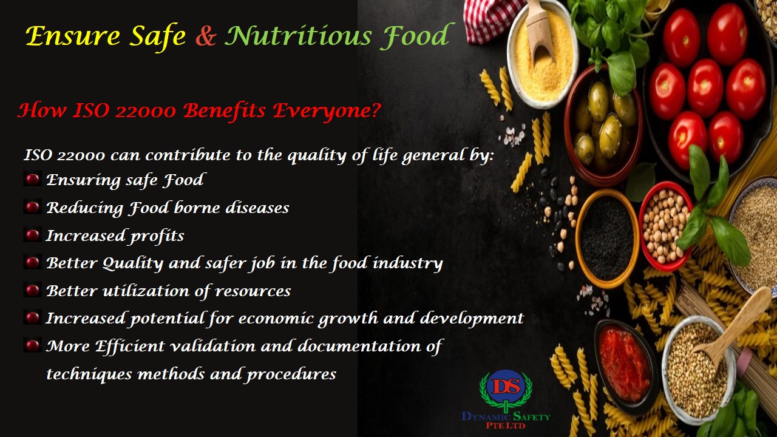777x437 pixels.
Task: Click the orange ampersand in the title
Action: (x=206, y=36)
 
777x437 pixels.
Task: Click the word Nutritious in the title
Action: (x=298, y=35)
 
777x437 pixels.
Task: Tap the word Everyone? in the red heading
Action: (x=327, y=111)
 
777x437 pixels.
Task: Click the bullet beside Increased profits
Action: (x=33, y=235)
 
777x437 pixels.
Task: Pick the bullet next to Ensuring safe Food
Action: (x=33, y=179)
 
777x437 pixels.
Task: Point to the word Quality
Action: (x=132, y=263)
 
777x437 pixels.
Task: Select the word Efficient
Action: (x=130, y=346)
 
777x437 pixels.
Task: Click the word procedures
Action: (x=291, y=374)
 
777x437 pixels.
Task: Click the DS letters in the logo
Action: (x=506, y=386)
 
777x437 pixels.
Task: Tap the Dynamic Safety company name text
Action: (x=506, y=420)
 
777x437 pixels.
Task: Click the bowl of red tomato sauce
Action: (x=625, y=366)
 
